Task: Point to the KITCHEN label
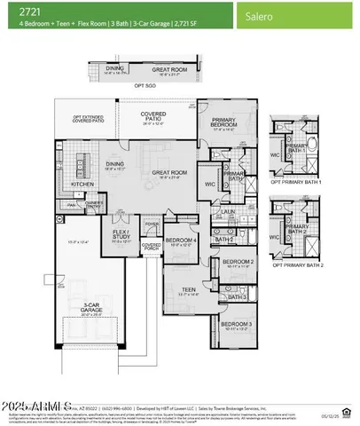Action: click(x=82, y=184)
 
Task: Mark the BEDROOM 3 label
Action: click(x=236, y=325)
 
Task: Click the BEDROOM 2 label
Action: click(x=236, y=262)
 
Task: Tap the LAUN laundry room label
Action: click(x=228, y=212)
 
